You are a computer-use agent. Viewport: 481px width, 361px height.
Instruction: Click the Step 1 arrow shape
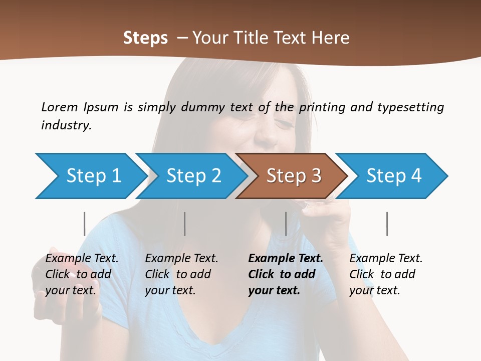(93, 176)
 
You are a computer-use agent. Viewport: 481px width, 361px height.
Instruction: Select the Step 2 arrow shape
(193, 176)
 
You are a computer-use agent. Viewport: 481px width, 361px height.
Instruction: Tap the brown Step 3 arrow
(293, 176)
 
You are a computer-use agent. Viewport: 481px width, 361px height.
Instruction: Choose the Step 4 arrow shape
(394, 176)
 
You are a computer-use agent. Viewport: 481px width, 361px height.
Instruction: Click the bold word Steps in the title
(145, 38)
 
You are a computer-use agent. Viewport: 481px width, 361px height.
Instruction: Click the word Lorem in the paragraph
(60, 107)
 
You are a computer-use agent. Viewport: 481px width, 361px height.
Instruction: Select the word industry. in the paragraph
(67, 125)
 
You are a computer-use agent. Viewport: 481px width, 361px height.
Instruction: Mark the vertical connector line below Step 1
(84, 224)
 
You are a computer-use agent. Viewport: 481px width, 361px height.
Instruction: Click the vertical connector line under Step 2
(185, 224)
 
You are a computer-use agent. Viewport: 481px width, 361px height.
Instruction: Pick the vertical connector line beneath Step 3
(286, 224)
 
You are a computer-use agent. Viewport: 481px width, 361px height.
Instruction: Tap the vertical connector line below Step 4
(387, 224)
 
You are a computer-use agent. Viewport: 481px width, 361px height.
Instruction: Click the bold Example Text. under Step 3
(286, 258)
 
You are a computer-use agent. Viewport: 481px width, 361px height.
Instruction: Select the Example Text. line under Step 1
(82, 258)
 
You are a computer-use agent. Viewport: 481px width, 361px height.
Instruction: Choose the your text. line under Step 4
(374, 290)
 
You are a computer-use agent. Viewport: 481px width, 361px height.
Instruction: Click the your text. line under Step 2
(170, 290)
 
